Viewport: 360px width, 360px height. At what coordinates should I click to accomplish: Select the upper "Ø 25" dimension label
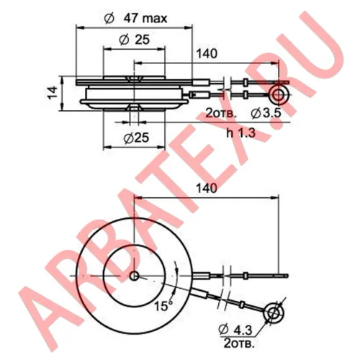pos(134,40)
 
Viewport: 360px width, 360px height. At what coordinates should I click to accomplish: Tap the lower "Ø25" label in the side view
pos(136,138)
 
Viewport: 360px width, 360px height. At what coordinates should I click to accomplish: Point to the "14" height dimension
pos(53,93)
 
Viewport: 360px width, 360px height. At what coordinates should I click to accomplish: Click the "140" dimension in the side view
pos(207,54)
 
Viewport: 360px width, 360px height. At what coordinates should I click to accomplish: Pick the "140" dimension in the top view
pos(207,189)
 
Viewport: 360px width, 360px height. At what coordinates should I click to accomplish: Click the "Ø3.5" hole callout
pos(266,113)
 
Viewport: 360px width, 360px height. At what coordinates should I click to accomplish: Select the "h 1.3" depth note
pos(240,132)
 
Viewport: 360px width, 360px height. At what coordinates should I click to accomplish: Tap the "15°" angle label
pos(163,305)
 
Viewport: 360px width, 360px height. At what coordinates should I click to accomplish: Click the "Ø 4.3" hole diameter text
pos(235,330)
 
